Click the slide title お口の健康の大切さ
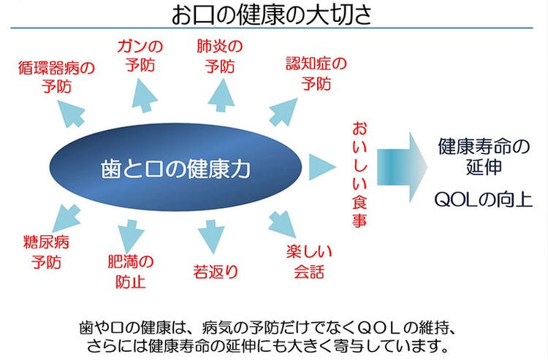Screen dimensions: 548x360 tap(272, 15)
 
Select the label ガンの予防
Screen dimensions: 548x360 tap(140, 56)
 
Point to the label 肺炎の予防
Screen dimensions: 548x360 tap(219, 56)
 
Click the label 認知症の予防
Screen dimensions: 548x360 tap(316, 74)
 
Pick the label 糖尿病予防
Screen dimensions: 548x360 tap(46, 252)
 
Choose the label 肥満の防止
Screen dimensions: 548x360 tap(131, 272)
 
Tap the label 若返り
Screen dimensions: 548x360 tap(216, 272)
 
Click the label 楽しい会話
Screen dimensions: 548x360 tap(309, 261)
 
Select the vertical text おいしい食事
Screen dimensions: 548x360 tap(359, 175)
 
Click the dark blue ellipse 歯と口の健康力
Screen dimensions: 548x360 tap(175, 167)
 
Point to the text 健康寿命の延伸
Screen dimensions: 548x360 tap(484, 156)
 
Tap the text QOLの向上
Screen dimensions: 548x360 tap(484, 200)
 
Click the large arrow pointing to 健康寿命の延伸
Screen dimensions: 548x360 tap(402, 167)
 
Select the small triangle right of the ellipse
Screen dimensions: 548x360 tap(322, 167)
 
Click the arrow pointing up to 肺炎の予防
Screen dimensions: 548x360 tap(221, 95)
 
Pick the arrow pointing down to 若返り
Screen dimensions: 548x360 tap(211, 237)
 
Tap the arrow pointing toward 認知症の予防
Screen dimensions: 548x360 tap(283, 112)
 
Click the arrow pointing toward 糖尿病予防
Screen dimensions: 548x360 tap(66, 218)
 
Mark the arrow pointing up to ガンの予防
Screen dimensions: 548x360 tap(144, 96)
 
